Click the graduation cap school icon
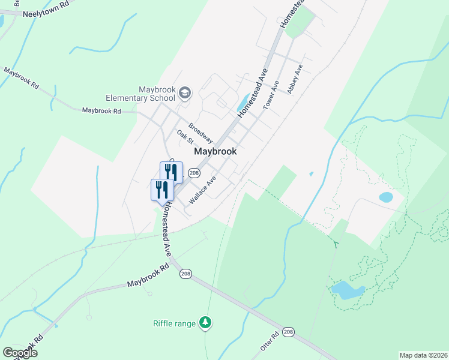click(x=185, y=92)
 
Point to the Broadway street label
click(x=200, y=133)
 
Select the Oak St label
click(x=185, y=137)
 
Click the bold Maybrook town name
click(x=215, y=152)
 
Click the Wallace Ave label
click(x=202, y=189)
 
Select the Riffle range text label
click(x=174, y=323)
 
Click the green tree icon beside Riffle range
click(x=206, y=323)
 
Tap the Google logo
click(x=20, y=353)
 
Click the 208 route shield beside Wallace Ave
click(x=193, y=173)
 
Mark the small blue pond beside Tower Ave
click(x=244, y=103)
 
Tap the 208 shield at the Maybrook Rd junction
click(x=185, y=274)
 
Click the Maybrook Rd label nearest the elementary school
click(x=101, y=111)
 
